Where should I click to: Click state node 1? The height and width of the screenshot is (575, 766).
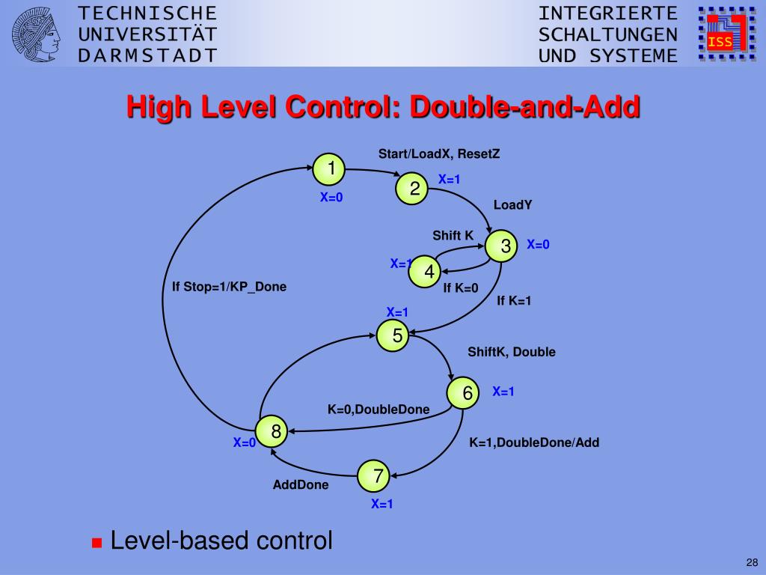click(x=328, y=169)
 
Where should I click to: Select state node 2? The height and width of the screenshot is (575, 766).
click(x=411, y=189)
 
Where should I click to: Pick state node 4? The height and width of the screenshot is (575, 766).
click(x=424, y=273)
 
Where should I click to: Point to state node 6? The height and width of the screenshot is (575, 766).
click(x=463, y=392)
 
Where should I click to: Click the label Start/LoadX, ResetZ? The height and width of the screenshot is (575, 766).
click(x=439, y=154)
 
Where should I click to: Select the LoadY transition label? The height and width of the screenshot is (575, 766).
click(x=512, y=205)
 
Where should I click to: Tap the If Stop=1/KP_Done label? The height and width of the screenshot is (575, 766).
click(x=230, y=287)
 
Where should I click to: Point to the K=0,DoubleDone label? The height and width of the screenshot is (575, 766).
click(x=379, y=410)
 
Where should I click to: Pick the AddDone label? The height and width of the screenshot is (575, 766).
click(x=301, y=485)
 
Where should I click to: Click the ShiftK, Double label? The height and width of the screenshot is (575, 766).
click(x=512, y=352)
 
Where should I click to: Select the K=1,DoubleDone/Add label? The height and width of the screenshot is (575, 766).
click(x=534, y=442)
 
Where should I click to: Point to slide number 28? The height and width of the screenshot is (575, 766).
click(x=751, y=562)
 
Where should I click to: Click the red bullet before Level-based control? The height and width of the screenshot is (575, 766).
click(x=96, y=543)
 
